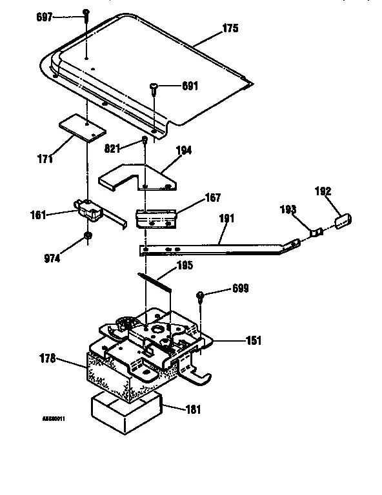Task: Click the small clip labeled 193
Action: (x=316, y=229)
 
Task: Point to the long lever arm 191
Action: (x=213, y=247)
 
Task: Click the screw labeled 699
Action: (x=202, y=297)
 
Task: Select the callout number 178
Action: (x=47, y=358)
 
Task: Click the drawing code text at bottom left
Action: (x=54, y=419)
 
